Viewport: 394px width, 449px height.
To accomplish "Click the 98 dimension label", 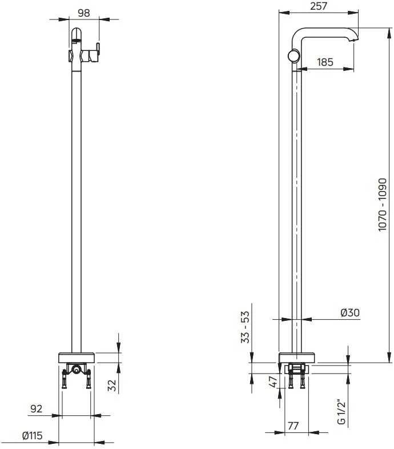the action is (x=84, y=13).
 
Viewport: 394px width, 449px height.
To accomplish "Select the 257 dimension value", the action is (x=319, y=6).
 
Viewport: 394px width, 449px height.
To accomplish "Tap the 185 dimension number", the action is (x=325, y=62).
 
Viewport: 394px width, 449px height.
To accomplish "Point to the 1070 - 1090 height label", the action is (x=382, y=204).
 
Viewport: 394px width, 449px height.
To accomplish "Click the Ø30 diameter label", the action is (x=350, y=312).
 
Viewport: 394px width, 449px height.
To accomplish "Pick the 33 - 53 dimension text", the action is (x=246, y=327).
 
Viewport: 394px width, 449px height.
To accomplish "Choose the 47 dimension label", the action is (x=274, y=382).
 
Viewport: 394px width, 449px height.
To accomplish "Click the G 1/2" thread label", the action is (x=341, y=411).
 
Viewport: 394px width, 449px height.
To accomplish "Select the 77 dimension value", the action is (x=293, y=426).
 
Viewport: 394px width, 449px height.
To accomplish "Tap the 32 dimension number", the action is (x=113, y=385).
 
